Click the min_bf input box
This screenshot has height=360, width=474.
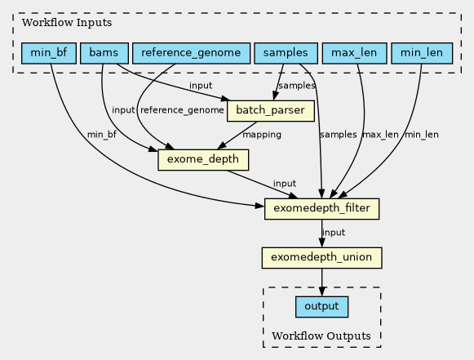pos(49,53)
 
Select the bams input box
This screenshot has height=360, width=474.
pos(104,53)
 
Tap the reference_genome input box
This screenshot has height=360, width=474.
pos(192,53)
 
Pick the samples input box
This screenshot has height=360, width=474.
pos(286,53)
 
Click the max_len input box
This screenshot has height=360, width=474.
pos(354,53)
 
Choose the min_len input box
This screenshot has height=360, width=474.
pos(422,53)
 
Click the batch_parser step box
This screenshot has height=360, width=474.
pos(271,111)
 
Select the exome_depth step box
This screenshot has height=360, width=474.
pos(203,160)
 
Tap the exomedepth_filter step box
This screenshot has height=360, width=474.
pos(321,209)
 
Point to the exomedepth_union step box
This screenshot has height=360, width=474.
pos(321,258)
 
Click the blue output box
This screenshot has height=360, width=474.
pos(321,307)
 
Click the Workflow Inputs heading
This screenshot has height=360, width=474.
pos(67,22)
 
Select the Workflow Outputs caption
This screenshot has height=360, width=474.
pos(321,336)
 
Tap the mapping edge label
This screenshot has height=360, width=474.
pos(262,135)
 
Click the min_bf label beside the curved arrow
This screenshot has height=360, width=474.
pos(101,135)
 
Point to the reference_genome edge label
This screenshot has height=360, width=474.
pos(182,110)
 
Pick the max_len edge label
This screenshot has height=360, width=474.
pos(380,135)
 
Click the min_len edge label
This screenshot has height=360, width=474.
pos(422,135)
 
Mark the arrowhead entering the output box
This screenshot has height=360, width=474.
pos(321,291)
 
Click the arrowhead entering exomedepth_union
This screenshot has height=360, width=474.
pos(321,242)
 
